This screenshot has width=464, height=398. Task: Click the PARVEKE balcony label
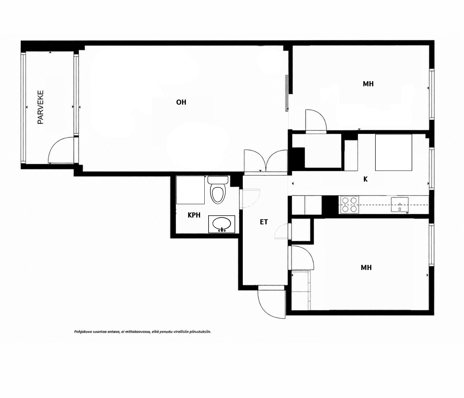click(41, 107)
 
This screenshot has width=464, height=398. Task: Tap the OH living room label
click(181, 102)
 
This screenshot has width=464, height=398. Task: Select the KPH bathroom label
click(194, 215)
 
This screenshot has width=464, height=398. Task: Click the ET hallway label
click(264, 222)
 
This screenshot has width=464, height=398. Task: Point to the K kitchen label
click(365, 179)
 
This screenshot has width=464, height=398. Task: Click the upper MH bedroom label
click(368, 84)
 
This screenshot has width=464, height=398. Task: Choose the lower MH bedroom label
click(366, 267)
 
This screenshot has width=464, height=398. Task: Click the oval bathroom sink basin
click(222, 224)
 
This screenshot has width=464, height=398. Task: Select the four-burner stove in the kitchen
click(350, 205)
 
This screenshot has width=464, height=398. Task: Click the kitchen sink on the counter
click(400, 204)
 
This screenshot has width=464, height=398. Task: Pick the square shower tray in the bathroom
click(190, 190)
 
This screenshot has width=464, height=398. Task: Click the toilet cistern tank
click(218, 180)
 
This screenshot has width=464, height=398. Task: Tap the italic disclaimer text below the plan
click(142, 331)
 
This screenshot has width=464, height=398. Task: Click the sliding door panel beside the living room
click(287, 93)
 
